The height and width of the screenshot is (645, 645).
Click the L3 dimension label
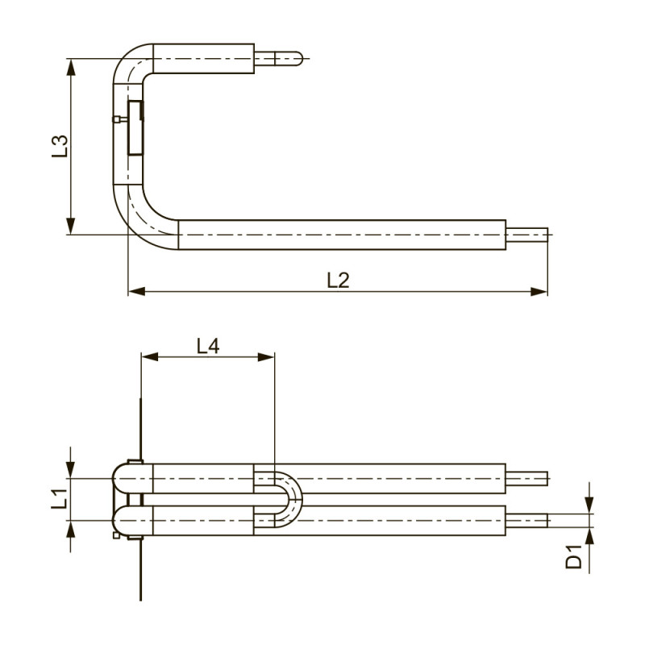pyautogui.click(x=60, y=146)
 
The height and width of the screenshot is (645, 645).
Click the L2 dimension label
pyautogui.click(x=338, y=280)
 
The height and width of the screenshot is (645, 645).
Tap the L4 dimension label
pyautogui.click(x=208, y=346)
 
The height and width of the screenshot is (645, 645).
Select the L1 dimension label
pyautogui.click(x=60, y=497)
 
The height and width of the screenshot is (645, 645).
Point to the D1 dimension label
pyautogui.click(x=574, y=557)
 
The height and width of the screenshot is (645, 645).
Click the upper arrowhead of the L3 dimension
pyautogui.click(x=71, y=67)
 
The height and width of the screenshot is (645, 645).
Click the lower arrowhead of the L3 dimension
pyautogui.click(x=71, y=226)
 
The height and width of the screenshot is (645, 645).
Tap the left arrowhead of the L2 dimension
pyautogui.click(x=136, y=292)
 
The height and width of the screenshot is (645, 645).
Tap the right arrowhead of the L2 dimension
pyautogui.click(x=539, y=292)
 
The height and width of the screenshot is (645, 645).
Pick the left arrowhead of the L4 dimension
pyautogui.click(x=149, y=356)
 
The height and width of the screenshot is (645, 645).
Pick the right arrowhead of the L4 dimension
pyautogui.click(x=266, y=356)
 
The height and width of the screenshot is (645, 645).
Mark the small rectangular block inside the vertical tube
pyautogui.click(x=135, y=127)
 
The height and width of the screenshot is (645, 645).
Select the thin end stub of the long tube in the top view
pyautogui.click(x=527, y=235)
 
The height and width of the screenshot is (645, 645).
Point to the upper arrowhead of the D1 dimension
pyautogui.click(x=589, y=506)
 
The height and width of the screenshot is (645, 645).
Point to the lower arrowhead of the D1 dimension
pyautogui.click(x=589, y=536)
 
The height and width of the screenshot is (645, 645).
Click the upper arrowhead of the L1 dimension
pyautogui.click(x=71, y=470)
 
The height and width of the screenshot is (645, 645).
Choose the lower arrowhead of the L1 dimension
pyautogui.click(x=71, y=530)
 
